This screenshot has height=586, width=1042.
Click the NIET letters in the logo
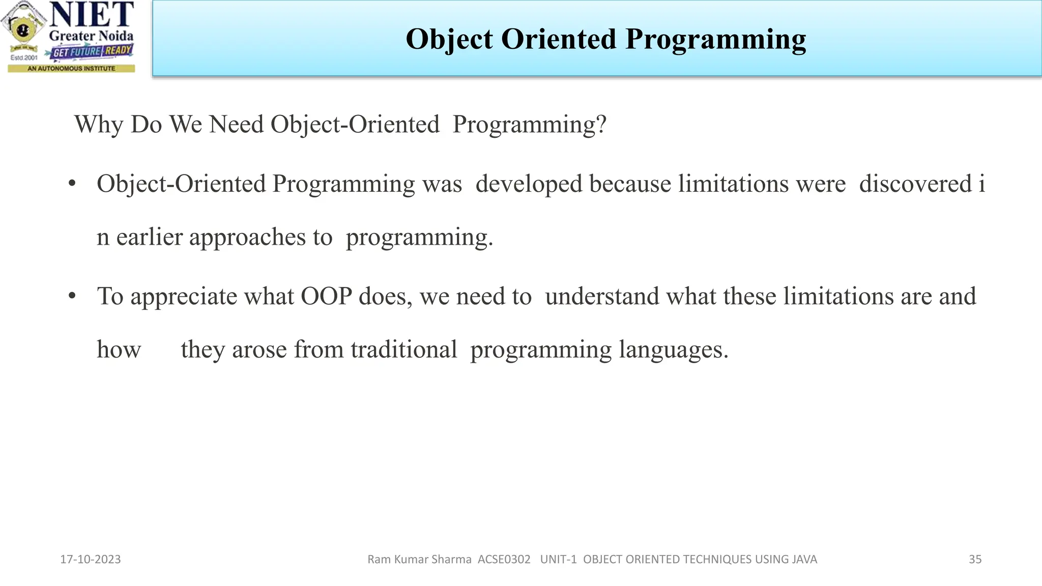pyautogui.click(x=92, y=15)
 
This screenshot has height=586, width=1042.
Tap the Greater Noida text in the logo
pyautogui.click(x=91, y=36)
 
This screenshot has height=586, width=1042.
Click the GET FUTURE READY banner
pyautogui.click(x=92, y=51)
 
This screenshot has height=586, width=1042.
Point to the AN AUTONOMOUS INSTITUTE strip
pyautogui.click(x=71, y=68)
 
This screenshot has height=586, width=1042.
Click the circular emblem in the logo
pyautogui.click(x=21, y=30)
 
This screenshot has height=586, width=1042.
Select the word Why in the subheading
pyautogui.click(x=99, y=125)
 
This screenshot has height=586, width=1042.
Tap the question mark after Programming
pyautogui.click(x=601, y=125)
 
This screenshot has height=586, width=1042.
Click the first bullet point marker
pyautogui.click(x=72, y=184)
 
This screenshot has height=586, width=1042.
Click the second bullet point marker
pyautogui.click(x=72, y=296)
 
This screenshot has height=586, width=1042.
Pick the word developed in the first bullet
pyautogui.click(x=529, y=184)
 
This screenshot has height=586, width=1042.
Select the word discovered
pyautogui.click(x=915, y=184)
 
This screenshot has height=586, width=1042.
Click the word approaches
pyautogui.click(x=247, y=238)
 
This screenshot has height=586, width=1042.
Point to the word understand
pyautogui.click(x=601, y=297)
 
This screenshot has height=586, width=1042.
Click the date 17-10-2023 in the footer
pyautogui.click(x=91, y=560)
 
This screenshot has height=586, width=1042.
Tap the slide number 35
pyautogui.click(x=975, y=560)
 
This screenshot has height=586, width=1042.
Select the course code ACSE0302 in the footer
pyautogui.click(x=504, y=560)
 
